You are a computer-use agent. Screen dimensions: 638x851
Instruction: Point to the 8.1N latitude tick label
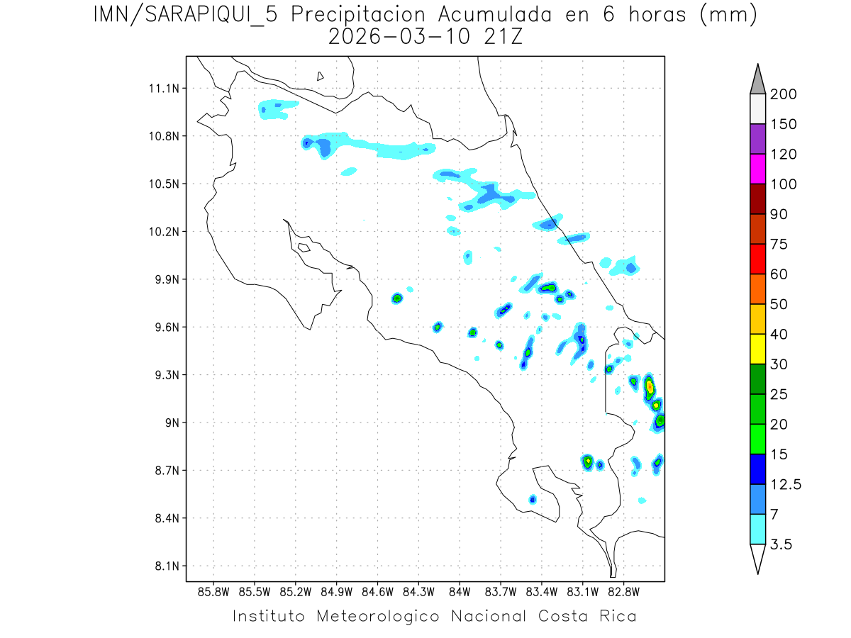pyautogui.click(x=165, y=566)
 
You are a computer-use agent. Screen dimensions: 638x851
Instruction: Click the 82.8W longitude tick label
pyautogui.click(x=623, y=591)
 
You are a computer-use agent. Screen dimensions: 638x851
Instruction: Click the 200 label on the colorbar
pyautogui.click(x=783, y=94)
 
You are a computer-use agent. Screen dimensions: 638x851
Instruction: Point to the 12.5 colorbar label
pyautogui.click(x=786, y=485)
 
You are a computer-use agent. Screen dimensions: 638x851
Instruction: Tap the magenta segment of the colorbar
pyautogui.click(x=757, y=169)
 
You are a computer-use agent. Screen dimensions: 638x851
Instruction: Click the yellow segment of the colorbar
pyautogui.click(x=757, y=349)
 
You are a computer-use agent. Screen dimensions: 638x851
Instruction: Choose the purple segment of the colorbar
pyautogui.click(x=757, y=139)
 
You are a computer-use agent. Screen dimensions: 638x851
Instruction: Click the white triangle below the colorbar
pyautogui.click(x=757, y=558)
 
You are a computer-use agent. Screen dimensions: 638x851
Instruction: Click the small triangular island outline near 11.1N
pyautogui.click(x=321, y=76)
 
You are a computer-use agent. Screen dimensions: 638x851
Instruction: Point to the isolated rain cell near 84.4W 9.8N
pyautogui.click(x=397, y=298)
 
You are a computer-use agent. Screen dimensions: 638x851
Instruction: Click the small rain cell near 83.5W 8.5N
pyautogui.click(x=533, y=500)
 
